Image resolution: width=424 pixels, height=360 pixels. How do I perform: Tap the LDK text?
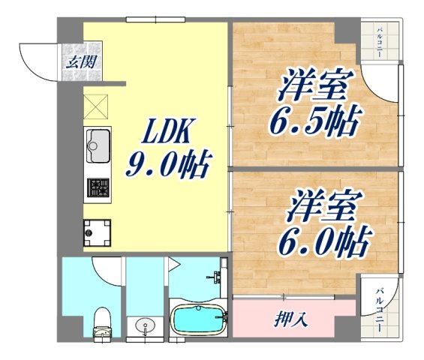click(x=165, y=133)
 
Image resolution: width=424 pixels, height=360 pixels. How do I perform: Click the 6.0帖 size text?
click(x=323, y=241)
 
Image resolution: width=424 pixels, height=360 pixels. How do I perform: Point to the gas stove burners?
click(x=98, y=187)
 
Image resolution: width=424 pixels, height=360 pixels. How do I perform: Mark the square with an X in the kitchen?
click(x=97, y=106)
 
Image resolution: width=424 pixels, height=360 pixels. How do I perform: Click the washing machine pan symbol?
click(x=97, y=232)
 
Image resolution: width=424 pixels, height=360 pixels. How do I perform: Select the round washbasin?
click(x=145, y=325)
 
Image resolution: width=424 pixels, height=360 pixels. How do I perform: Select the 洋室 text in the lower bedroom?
click(x=324, y=207)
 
